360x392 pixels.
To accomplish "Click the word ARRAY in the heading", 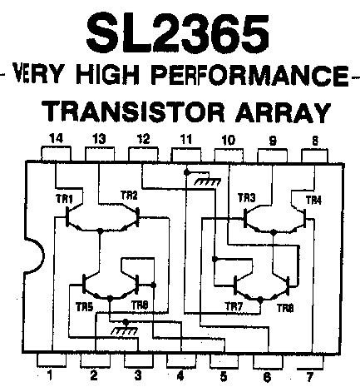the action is tap(284, 112).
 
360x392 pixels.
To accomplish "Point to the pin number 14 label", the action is tap(56, 138).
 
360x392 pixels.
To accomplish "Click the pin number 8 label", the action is tap(315, 141).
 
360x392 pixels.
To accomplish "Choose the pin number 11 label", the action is tap(185, 139).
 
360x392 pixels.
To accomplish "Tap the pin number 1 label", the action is tap(49, 375).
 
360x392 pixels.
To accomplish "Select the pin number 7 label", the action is tap(309, 376).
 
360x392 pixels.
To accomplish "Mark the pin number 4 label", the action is tap(180, 376).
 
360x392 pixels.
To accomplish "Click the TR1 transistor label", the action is tap(64, 199).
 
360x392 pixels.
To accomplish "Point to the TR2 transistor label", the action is tap(129, 196).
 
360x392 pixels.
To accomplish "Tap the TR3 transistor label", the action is tap(247, 198).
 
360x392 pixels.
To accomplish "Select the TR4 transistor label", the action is tap(313, 200).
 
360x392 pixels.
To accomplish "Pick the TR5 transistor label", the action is tap(85, 307).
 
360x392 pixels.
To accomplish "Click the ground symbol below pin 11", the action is tap(208, 181).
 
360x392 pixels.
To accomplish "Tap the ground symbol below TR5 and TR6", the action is tap(125, 330).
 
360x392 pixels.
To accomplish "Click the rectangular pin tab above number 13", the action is tap(100, 154).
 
